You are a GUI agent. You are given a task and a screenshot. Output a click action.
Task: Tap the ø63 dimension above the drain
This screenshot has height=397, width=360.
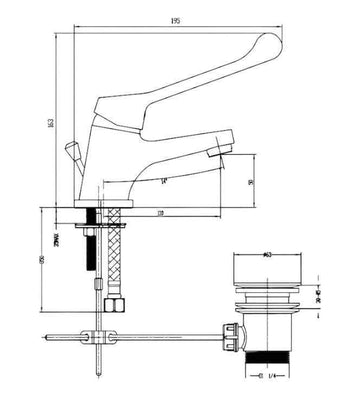click(x=267, y=256)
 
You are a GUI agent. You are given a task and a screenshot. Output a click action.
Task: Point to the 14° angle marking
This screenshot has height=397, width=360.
click(x=163, y=179)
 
